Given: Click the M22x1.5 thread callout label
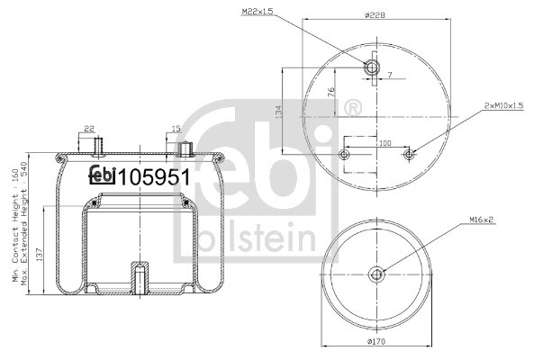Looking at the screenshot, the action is [258, 12].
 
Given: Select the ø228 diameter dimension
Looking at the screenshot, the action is [375, 15].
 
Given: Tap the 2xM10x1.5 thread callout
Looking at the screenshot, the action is [504, 106].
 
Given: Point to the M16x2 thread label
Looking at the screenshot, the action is [482, 220].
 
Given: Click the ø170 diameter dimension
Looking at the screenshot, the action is [376, 341].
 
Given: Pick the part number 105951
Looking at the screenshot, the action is [153, 177].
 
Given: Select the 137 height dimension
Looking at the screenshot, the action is [40, 255].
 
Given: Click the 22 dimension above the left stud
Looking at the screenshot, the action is [89, 129].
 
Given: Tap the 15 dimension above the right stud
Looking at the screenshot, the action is [176, 129].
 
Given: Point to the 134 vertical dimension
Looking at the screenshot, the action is [278, 112].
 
